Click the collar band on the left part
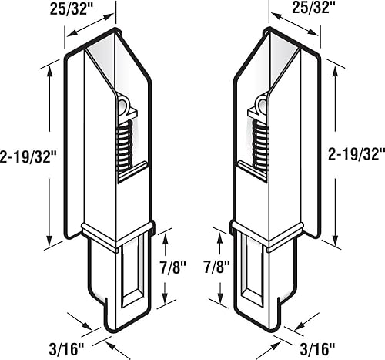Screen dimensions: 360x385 (115, 237)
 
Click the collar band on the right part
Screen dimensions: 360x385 (269, 237)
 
